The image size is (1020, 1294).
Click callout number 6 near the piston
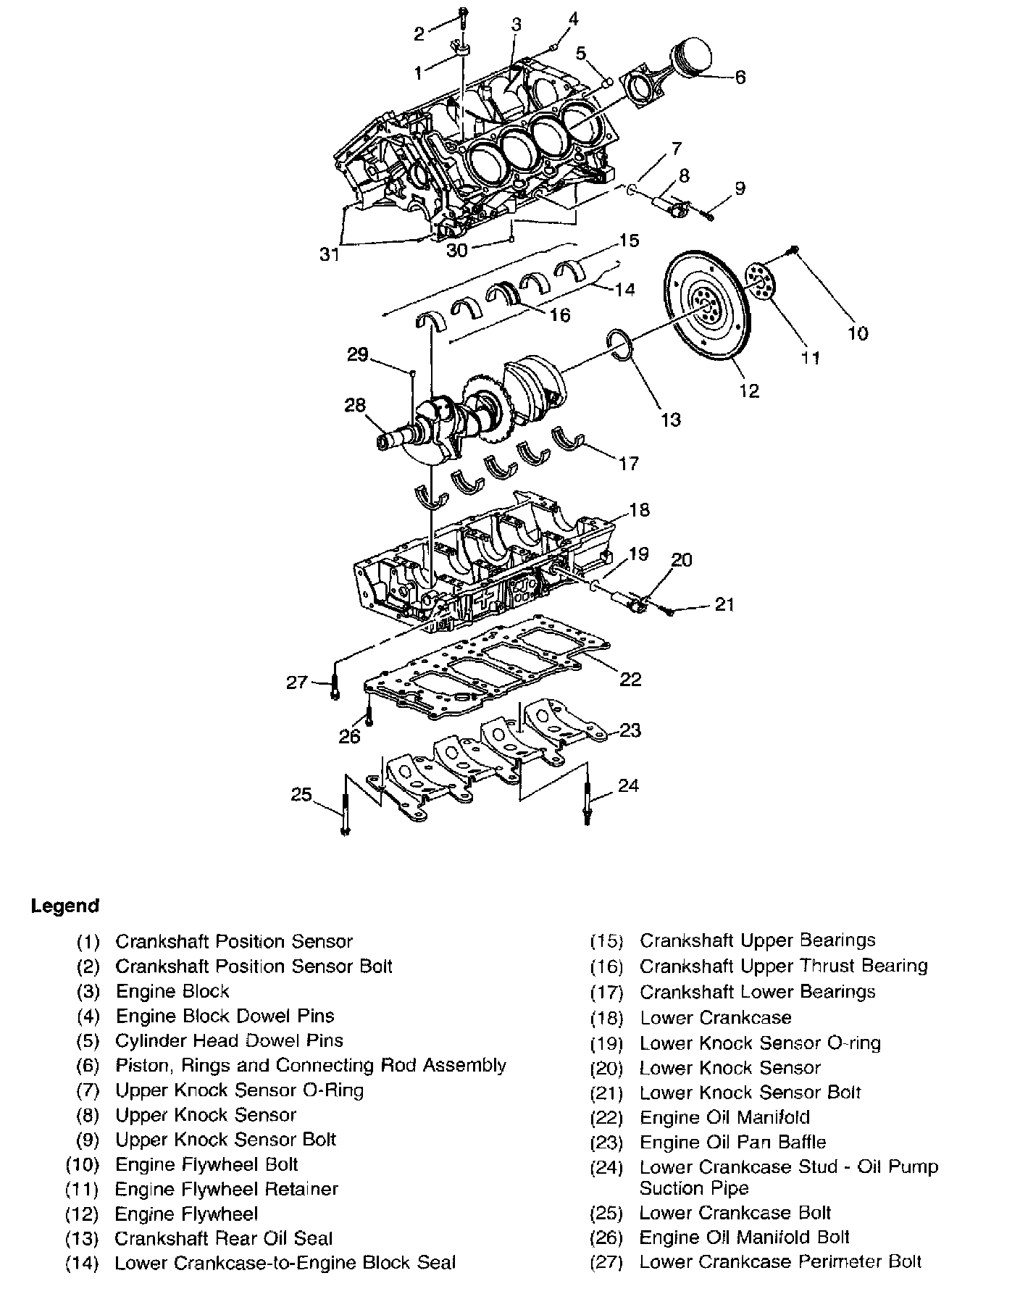(740, 77)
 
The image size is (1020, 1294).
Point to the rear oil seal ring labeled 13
(621, 343)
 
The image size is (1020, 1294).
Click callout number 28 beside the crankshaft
(355, 405)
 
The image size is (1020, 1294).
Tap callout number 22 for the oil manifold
(630, 679)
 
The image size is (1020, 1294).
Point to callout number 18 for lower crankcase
(639, 510)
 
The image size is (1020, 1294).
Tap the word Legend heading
(65, 906)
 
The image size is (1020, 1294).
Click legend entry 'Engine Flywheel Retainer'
(226, 1189)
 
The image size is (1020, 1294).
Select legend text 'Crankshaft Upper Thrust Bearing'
(783, 966)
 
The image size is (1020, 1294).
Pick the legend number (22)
(607, 1118)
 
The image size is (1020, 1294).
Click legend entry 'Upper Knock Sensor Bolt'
(225, 1139)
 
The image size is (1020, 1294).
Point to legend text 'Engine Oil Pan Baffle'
(732, 1143)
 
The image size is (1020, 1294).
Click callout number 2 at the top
(419, 33)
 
